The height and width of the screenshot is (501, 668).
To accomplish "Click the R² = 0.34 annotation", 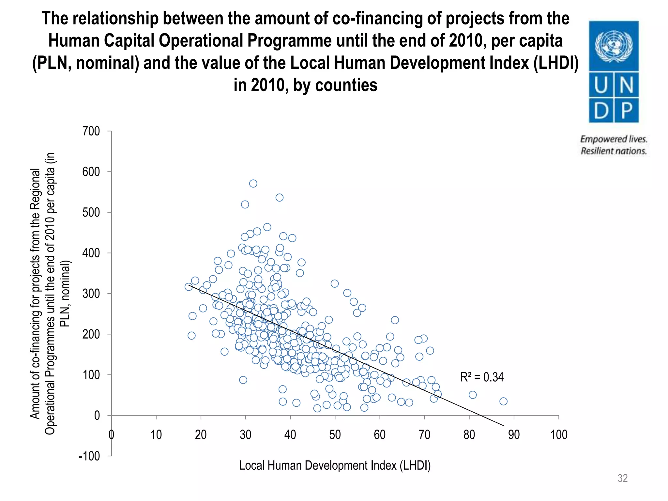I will (481, 377).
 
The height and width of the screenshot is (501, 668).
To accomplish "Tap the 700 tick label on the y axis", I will (91, 131).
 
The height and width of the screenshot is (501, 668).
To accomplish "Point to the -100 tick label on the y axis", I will (89, 456).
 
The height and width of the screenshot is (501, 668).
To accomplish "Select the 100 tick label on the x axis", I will (559, 435).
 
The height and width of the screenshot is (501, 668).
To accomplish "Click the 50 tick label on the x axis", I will (335, 435).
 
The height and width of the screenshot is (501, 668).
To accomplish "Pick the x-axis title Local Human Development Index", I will (335, 465).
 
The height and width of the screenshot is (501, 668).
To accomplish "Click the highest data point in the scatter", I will (253, 184).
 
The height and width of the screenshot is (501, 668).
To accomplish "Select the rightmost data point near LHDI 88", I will (503, 401).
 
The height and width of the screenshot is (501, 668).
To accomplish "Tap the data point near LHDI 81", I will (473, 395).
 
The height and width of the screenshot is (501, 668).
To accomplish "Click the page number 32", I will (622, 478).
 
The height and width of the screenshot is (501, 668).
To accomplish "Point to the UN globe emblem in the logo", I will (614, 46).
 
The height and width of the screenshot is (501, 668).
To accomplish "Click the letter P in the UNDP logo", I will (627, 110).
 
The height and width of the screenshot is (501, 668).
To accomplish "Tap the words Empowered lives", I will (614, 139).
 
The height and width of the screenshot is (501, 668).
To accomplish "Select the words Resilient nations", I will (614, 151).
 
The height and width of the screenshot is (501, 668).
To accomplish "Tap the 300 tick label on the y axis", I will (91, 294).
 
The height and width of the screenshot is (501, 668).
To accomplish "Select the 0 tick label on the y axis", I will (97, 416).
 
